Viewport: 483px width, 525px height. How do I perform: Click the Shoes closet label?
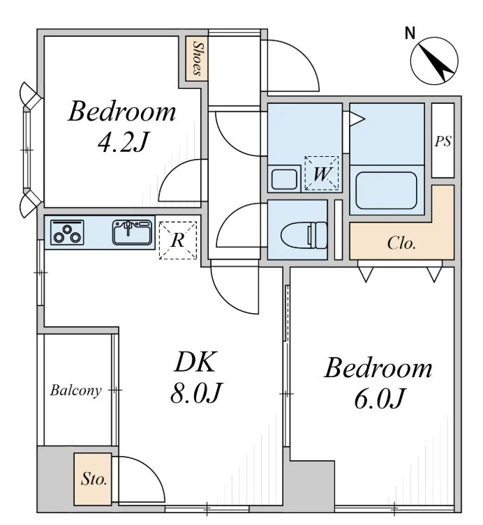coord(197,59)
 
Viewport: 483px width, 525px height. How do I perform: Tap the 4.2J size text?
coord(122,142)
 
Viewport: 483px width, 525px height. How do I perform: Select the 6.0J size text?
coord(379,398)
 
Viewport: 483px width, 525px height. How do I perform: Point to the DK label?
coord(195,362)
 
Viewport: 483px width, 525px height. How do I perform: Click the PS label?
coord(443,142)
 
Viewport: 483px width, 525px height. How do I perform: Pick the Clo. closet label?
coord(401,243)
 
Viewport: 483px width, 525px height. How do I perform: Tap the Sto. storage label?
coord(94,479)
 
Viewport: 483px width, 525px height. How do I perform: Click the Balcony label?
coord(76,390)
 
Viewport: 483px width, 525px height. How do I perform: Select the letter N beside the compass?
coord(410,33)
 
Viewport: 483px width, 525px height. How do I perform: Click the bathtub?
coord(386,190)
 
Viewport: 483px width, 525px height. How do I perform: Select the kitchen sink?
coord(132,232)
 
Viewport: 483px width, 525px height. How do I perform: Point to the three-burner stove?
coord(67,232)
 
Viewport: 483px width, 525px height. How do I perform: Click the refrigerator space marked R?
coord(178,240)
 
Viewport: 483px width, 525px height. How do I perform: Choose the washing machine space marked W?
coord(322,174)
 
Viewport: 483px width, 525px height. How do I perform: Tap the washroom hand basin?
coord(284,179)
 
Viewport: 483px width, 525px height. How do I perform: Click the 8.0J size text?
coord(195,393)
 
